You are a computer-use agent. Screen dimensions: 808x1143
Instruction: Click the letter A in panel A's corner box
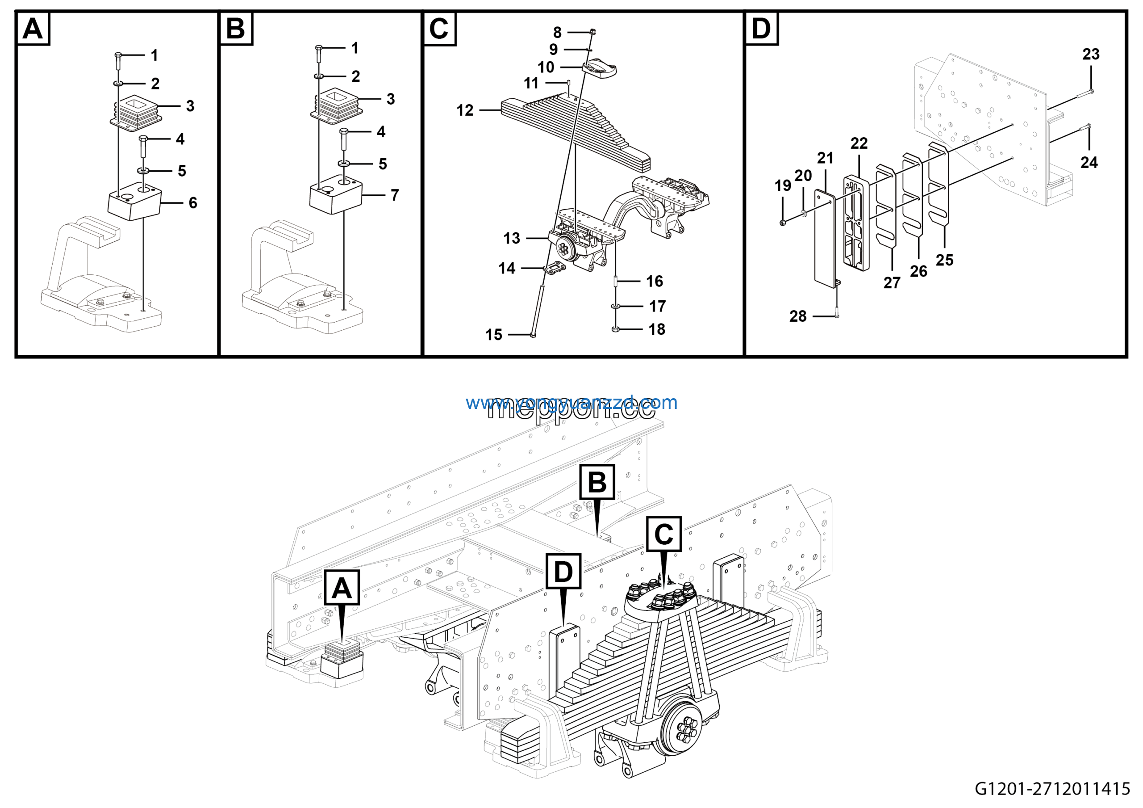pyautogui.click(x=33, y=29)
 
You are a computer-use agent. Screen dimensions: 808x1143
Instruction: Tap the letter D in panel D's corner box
pyautogui.click(x=761, y=29)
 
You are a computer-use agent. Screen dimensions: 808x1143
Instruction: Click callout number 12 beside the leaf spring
pyautogui.click(x=464, y=110)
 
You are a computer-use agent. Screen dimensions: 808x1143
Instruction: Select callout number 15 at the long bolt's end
pyautogui.click(x=493, y=335)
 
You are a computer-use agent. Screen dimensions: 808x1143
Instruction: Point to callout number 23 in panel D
pyautogui.click(x=1091, y=54)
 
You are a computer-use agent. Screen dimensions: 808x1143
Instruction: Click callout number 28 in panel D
pyautogui.click(x=797, y=316)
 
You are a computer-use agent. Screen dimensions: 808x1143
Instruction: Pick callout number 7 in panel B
pyautogui.click(x=394, y=195)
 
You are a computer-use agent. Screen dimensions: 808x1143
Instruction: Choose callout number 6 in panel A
pyautogui.click(x=192, y=203)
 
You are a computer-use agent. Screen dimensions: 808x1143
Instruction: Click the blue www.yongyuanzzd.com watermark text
pyautogui.click(x=571, y=403)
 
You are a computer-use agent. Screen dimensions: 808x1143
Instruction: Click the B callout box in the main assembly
pyautogui.click(x=597, y=482)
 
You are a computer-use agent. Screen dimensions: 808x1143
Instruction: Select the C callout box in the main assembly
pyautogui.click(x=663, y=534)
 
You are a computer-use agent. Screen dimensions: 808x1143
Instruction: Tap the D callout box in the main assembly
pyautogui.click(x=563, y=572)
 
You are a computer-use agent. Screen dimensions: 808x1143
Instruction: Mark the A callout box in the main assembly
pyautogui.click(x=342, y=588)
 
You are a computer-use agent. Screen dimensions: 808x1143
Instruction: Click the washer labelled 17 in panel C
pyautogui.click(x=616, y=306)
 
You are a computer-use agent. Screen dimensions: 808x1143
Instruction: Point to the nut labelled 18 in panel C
pyautogui.click(x=615, y=329)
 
